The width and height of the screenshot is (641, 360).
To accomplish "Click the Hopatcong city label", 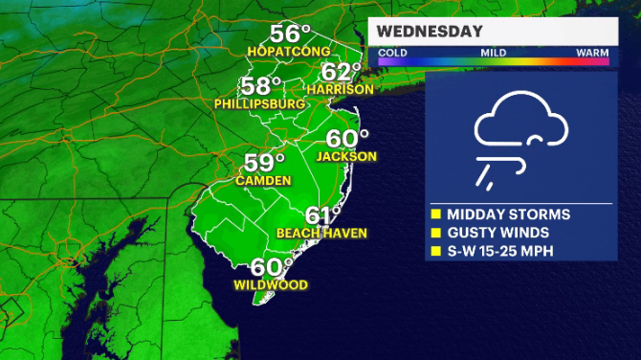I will point(289,50).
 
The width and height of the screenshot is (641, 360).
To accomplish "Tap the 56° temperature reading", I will point(290,32).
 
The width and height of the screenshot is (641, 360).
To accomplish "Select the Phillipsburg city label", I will point(260,103).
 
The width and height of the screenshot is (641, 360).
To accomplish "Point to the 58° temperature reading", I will point(262,85).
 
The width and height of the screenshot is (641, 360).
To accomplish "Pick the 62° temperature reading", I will point(342,72).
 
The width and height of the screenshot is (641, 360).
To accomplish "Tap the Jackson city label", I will point(346,156).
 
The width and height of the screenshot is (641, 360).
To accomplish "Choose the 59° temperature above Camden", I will point(265,162).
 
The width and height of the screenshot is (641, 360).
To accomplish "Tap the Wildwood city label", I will point(271,285).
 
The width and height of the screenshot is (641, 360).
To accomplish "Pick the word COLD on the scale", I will point(392,52).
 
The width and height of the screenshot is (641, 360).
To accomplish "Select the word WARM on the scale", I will point(592,52).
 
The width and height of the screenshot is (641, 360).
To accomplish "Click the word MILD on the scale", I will point(493,52).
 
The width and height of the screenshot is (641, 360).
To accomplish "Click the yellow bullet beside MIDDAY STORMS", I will point(435,214).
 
